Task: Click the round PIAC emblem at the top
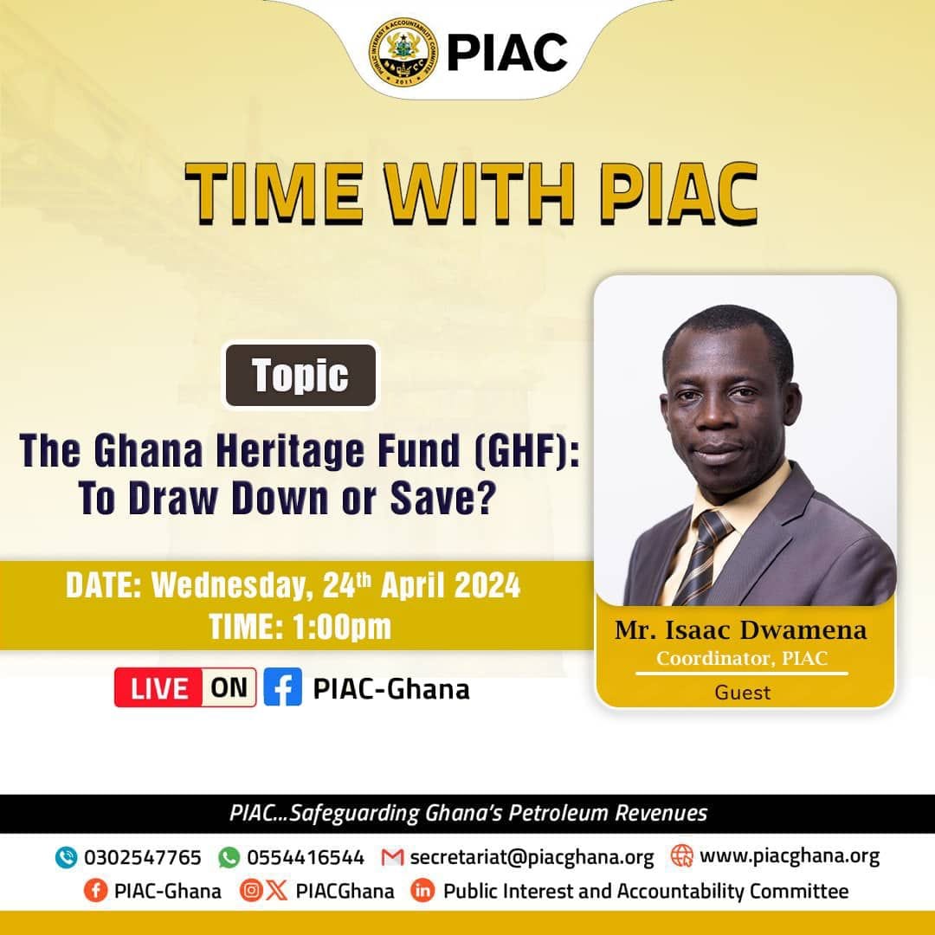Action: (x=403, y=52)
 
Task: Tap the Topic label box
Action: (x=300, y=375)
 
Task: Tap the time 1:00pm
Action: (x=342, y=627)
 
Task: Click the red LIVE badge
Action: (x=158, y=687)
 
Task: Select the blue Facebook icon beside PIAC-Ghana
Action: (x=282, y=687)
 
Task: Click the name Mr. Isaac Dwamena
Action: (x=740, y=629)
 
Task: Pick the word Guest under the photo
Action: (x=743, y=693)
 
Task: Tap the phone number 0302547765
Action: (x=143, y=857)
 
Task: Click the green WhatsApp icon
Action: (x=229, y=857)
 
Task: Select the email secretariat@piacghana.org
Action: (x=532, y=857)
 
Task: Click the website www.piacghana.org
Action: (x=790, y=856)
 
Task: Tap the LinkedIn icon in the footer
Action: (x=422, y=891)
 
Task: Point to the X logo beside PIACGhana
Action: (x=276, y=891)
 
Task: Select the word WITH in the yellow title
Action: (x=480, y=192)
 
